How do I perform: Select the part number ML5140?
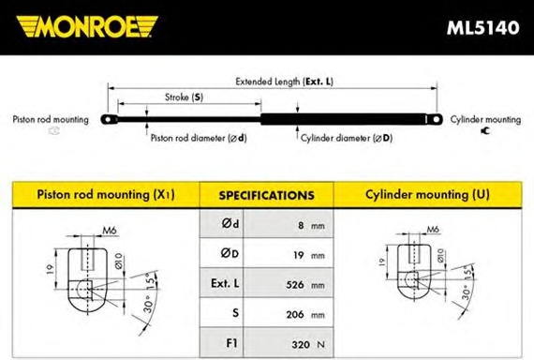pos(482,26)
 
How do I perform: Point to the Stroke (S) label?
pos(184,97)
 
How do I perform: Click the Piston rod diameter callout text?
pos(199,138)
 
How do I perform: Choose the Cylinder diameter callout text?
pos(346,138)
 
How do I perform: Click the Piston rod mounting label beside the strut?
pos(51,120)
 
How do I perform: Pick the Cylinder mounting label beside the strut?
pos(484,120)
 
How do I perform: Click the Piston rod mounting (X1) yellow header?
pos(105,195)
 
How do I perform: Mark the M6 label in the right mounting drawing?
pos(432,229)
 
